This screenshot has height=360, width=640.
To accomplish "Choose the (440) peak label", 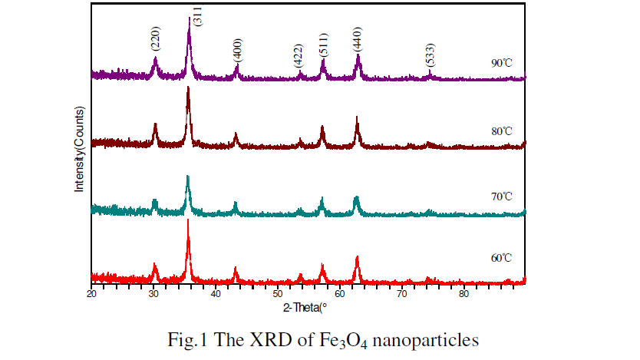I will [x=358, y=42].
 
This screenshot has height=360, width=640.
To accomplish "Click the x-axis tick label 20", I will [x=91, y=292].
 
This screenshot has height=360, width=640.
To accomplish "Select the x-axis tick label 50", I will [x=277, y=292].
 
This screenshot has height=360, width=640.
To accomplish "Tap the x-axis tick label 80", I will [x=464, y=292].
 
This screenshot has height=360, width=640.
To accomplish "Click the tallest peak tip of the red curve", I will [x=188, y=221].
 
